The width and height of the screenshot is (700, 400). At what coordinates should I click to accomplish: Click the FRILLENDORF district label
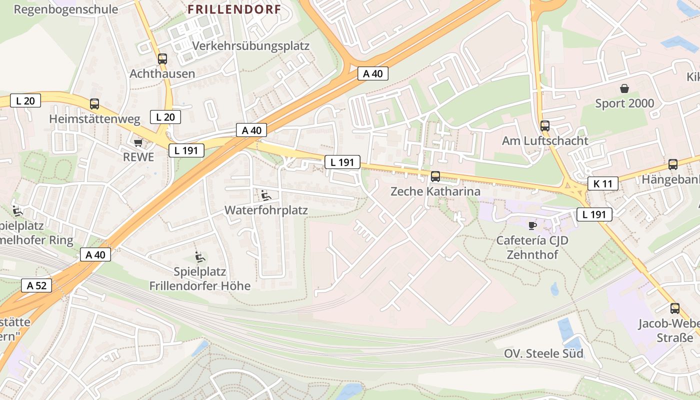coord(234,9)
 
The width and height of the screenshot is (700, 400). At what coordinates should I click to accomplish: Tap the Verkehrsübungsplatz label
coord(251,46)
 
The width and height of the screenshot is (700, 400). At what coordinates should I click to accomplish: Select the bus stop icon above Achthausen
coord(162,59)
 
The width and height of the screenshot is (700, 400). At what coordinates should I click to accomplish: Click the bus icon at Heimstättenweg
coord(94,104)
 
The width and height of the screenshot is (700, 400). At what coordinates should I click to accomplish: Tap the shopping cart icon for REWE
coord(138,143)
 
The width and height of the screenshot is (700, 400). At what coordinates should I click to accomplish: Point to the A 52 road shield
coord(36,286)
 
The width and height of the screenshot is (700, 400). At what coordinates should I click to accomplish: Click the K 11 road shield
coord(602,183)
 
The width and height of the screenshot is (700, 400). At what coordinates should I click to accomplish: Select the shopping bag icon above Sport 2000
coord(624,89)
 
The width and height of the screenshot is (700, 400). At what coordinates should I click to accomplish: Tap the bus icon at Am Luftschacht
coord(545,126)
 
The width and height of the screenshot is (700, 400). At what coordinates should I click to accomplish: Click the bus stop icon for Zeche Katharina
coord(435,176)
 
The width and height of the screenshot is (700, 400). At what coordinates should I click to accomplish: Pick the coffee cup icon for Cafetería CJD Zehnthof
coord(532,225)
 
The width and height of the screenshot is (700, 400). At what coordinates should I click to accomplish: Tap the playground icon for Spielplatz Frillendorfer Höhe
coord(200,257)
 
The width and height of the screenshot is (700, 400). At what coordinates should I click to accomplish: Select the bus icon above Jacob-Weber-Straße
coord(675,308)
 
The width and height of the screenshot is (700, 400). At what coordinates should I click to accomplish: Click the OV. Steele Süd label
coord(543,353)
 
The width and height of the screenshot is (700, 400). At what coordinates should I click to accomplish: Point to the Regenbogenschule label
coord(66,9)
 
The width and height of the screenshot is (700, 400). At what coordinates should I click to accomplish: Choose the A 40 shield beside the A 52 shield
coord(95,254)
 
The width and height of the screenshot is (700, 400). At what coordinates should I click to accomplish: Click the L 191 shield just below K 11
coord(594,214)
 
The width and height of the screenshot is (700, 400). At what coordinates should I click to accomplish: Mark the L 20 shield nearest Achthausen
coord(165,117)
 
